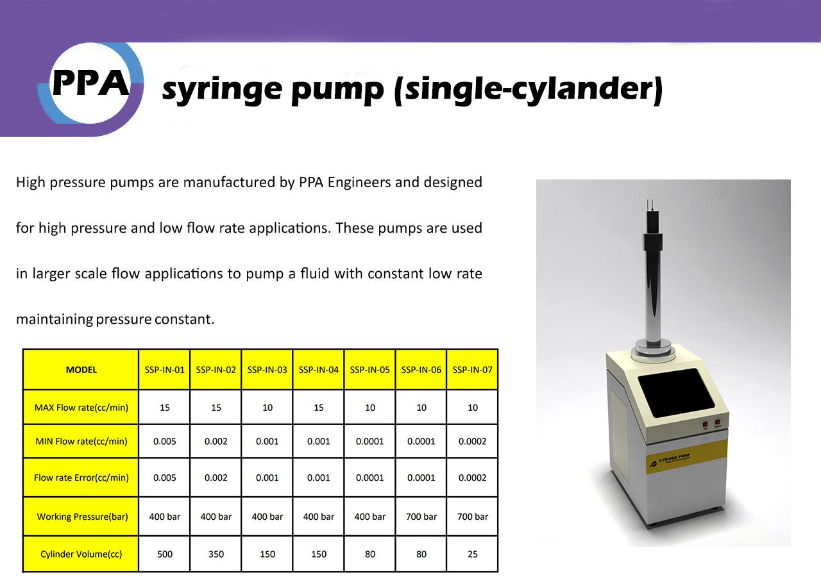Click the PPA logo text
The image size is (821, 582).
click(x=91, y=83)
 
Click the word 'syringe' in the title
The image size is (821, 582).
click(x=222, y=89)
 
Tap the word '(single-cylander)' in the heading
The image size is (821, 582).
click(x=528, y=90)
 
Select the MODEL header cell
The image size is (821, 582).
click(x=81, y=370)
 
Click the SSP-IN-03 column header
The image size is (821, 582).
click(x=267, y=370)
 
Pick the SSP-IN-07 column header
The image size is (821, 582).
click(x=473, y=370)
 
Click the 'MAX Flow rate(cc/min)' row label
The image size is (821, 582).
click(x=81, y=407)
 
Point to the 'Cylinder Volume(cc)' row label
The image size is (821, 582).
click(x=81, y=554)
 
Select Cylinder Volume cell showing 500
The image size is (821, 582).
click(x=165, y=554)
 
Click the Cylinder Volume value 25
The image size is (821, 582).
click(x=473, y=554)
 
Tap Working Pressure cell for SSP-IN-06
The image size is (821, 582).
click(x=421, y=517)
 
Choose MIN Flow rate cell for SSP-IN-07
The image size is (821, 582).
click(x=473, y=442)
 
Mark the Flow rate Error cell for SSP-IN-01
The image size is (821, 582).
click(x=165, y=478)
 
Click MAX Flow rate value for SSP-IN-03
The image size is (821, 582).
click(x=267, y=407)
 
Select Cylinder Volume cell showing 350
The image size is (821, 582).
click(x=216, y=554)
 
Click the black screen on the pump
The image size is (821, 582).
click(x=677, y=394)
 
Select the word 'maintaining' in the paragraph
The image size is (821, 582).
click(x=55, y=319)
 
